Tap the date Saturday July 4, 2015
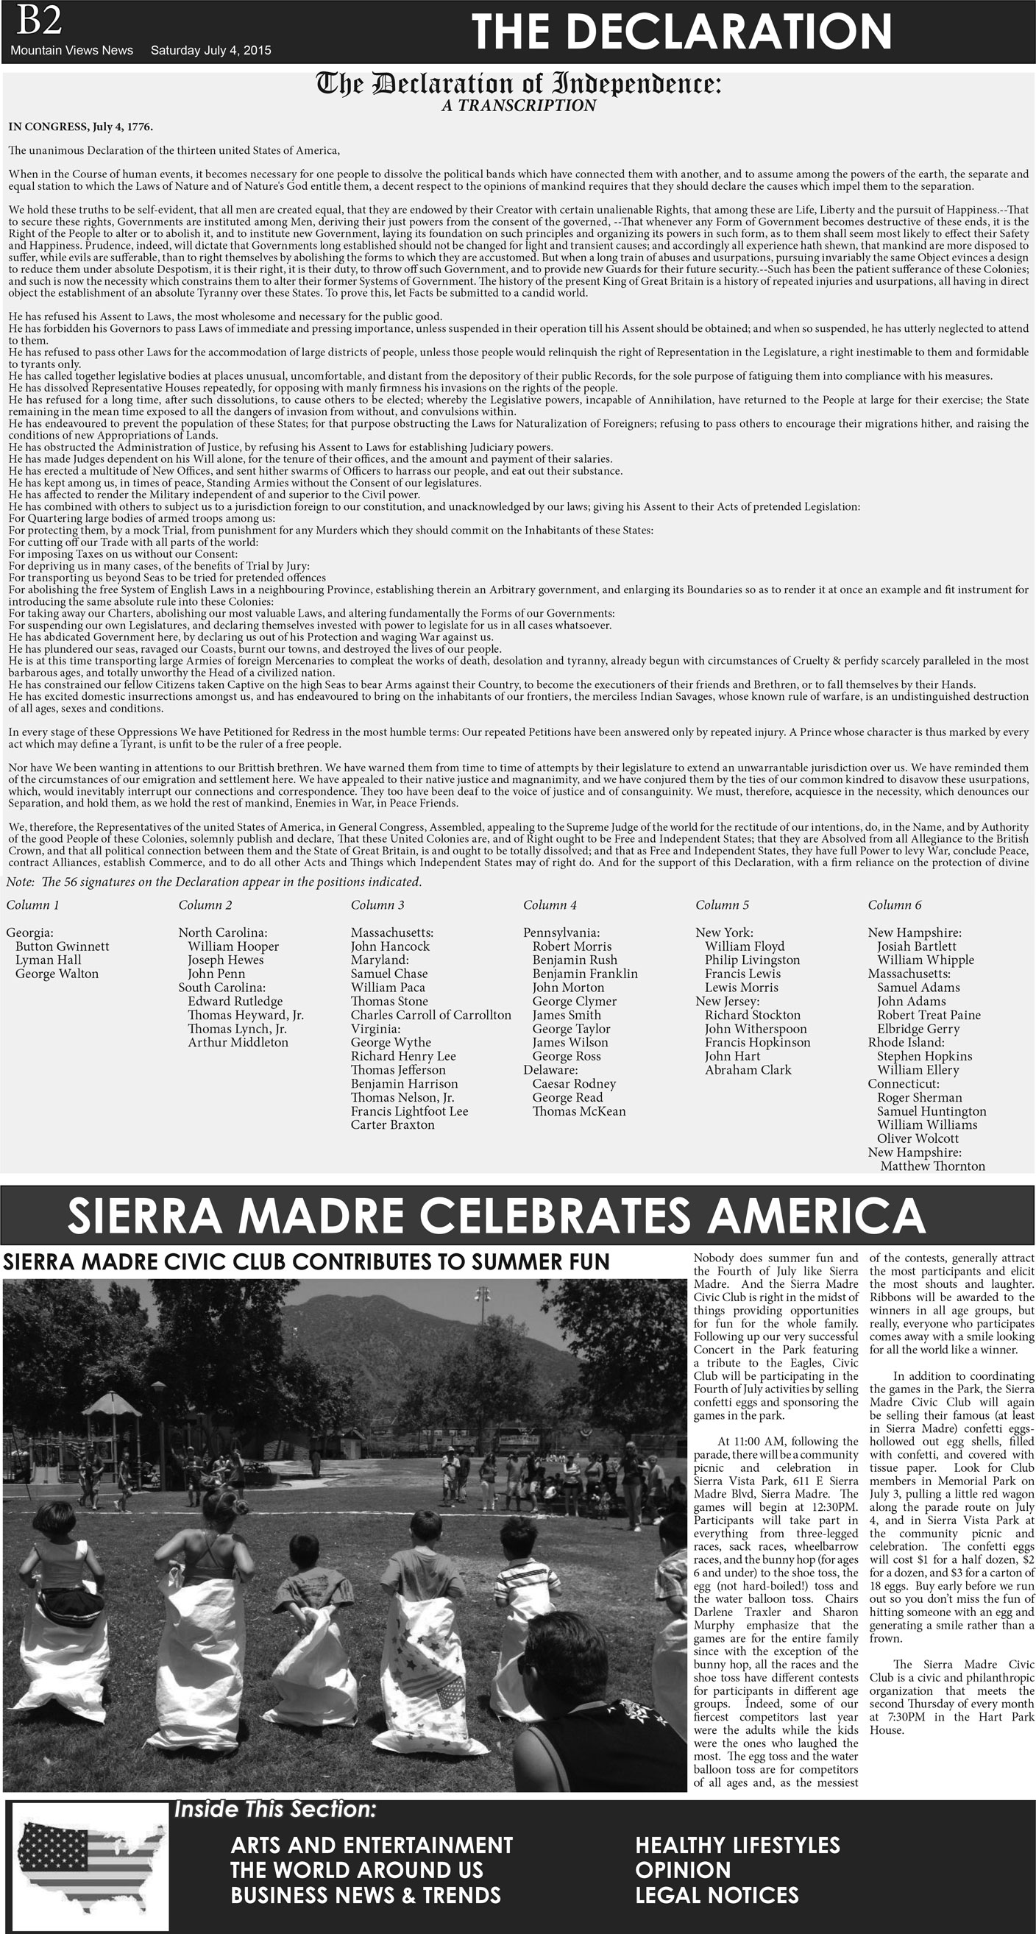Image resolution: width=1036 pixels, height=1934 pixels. (211, 50)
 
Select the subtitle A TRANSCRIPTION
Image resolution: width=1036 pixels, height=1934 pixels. (518, 106)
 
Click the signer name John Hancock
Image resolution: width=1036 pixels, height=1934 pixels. (390, 946)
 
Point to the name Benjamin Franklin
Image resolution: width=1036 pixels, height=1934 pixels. (585, 974)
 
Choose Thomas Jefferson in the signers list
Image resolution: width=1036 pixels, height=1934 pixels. (398, 1070)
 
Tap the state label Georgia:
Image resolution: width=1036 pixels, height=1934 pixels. (29, 932)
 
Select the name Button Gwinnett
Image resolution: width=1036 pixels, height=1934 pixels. (63, 946)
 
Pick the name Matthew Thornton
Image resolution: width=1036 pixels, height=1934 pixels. (932, 1166)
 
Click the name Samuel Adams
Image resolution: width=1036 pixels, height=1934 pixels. (918, 988)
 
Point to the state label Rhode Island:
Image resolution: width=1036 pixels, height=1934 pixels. (906, 1042)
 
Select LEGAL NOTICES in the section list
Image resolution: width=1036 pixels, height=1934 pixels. (717, 1894)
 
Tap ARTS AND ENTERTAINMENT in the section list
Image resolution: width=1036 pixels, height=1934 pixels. (372, 1845)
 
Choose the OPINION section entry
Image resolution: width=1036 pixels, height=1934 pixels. (682, 1869)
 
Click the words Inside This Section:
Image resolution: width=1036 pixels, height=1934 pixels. (274, 1810)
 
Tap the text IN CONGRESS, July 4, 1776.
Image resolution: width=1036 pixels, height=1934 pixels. (81, 126)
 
